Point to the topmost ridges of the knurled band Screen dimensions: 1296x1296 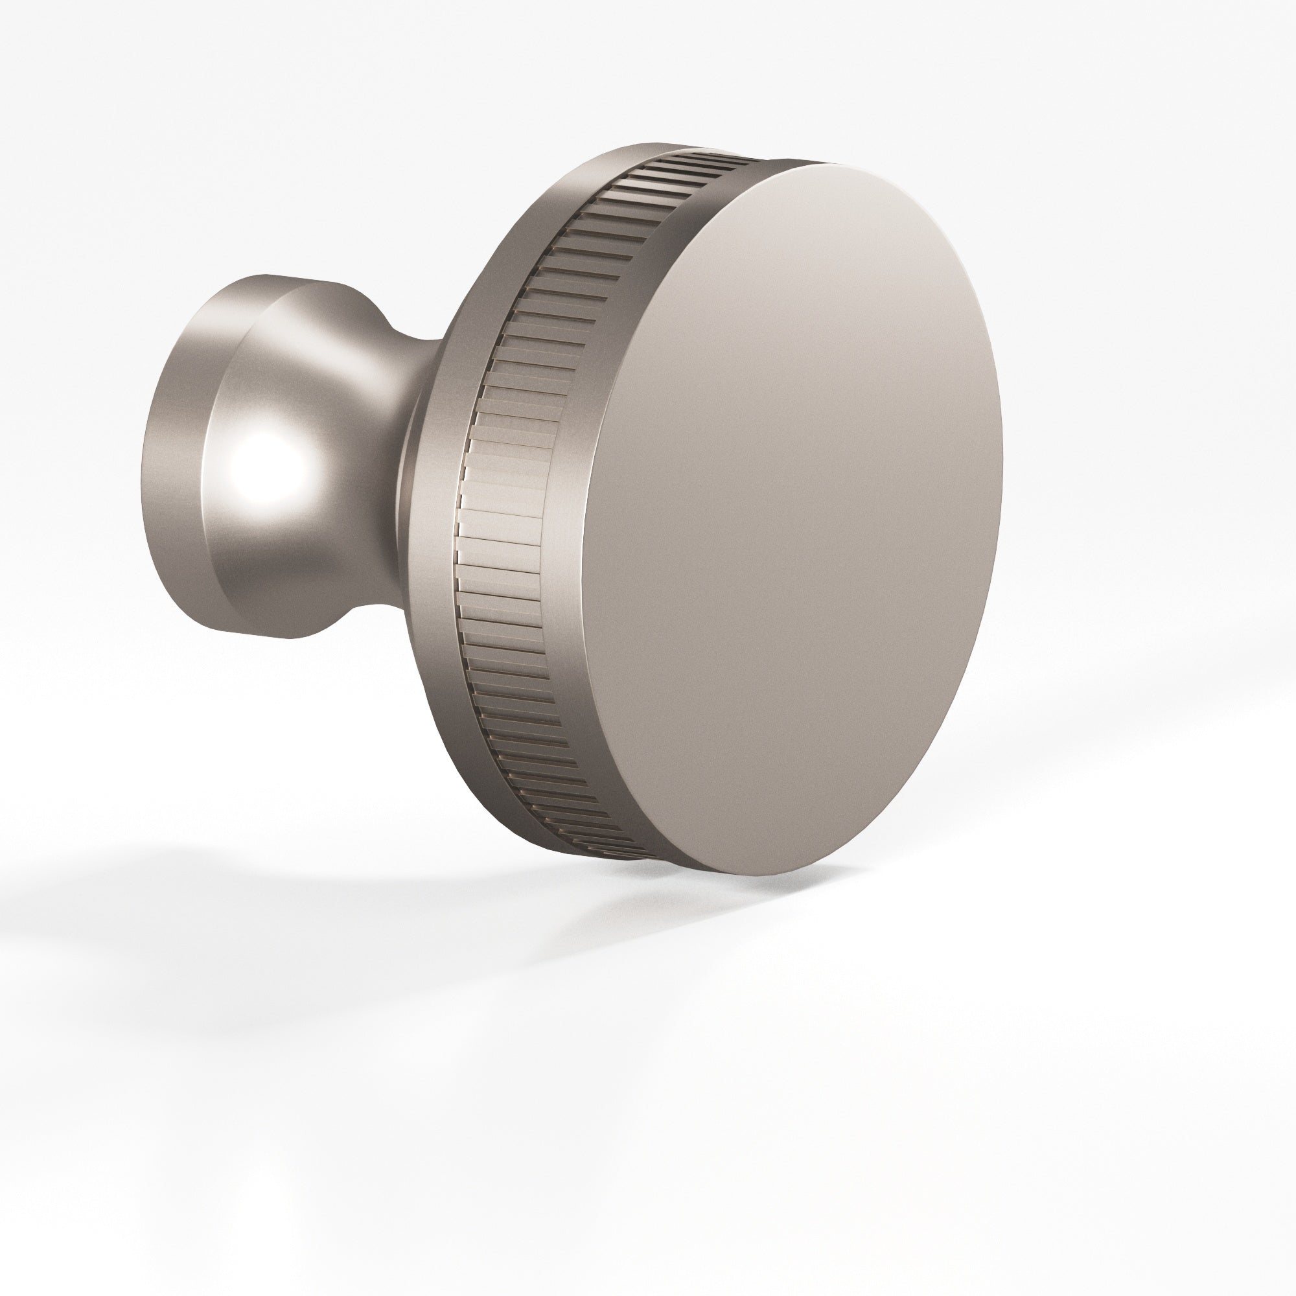[x=698, y=161]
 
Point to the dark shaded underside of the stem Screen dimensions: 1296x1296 [x=302, y=604]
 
